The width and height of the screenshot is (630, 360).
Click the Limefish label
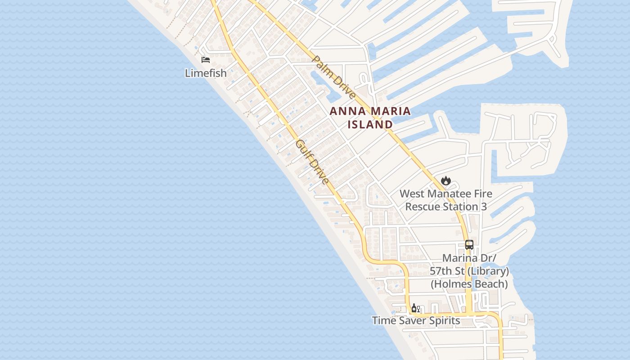pos(206,73)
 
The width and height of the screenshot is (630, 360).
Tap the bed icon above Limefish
pos(206,60)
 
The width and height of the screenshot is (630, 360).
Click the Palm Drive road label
pos(334,77)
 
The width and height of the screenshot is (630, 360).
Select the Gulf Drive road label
pos(312,162)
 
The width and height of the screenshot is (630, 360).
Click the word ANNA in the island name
pos(346,111)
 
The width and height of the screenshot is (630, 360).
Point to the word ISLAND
pos(370,124)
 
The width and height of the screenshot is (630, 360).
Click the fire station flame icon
pos(445,181)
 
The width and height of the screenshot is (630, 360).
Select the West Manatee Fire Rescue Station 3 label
pos(446,200)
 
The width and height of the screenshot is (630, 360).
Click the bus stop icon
pos(469,245)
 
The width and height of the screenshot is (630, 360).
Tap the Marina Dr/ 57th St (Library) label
pos(469,265)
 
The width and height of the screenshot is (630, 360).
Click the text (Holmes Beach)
pos(469,284)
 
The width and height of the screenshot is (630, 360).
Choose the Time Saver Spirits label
pos(416,320)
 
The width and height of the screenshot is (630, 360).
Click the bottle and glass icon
pos(415,308)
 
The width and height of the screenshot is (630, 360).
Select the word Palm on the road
pos(321,65)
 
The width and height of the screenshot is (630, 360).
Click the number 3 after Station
pos(484,207)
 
